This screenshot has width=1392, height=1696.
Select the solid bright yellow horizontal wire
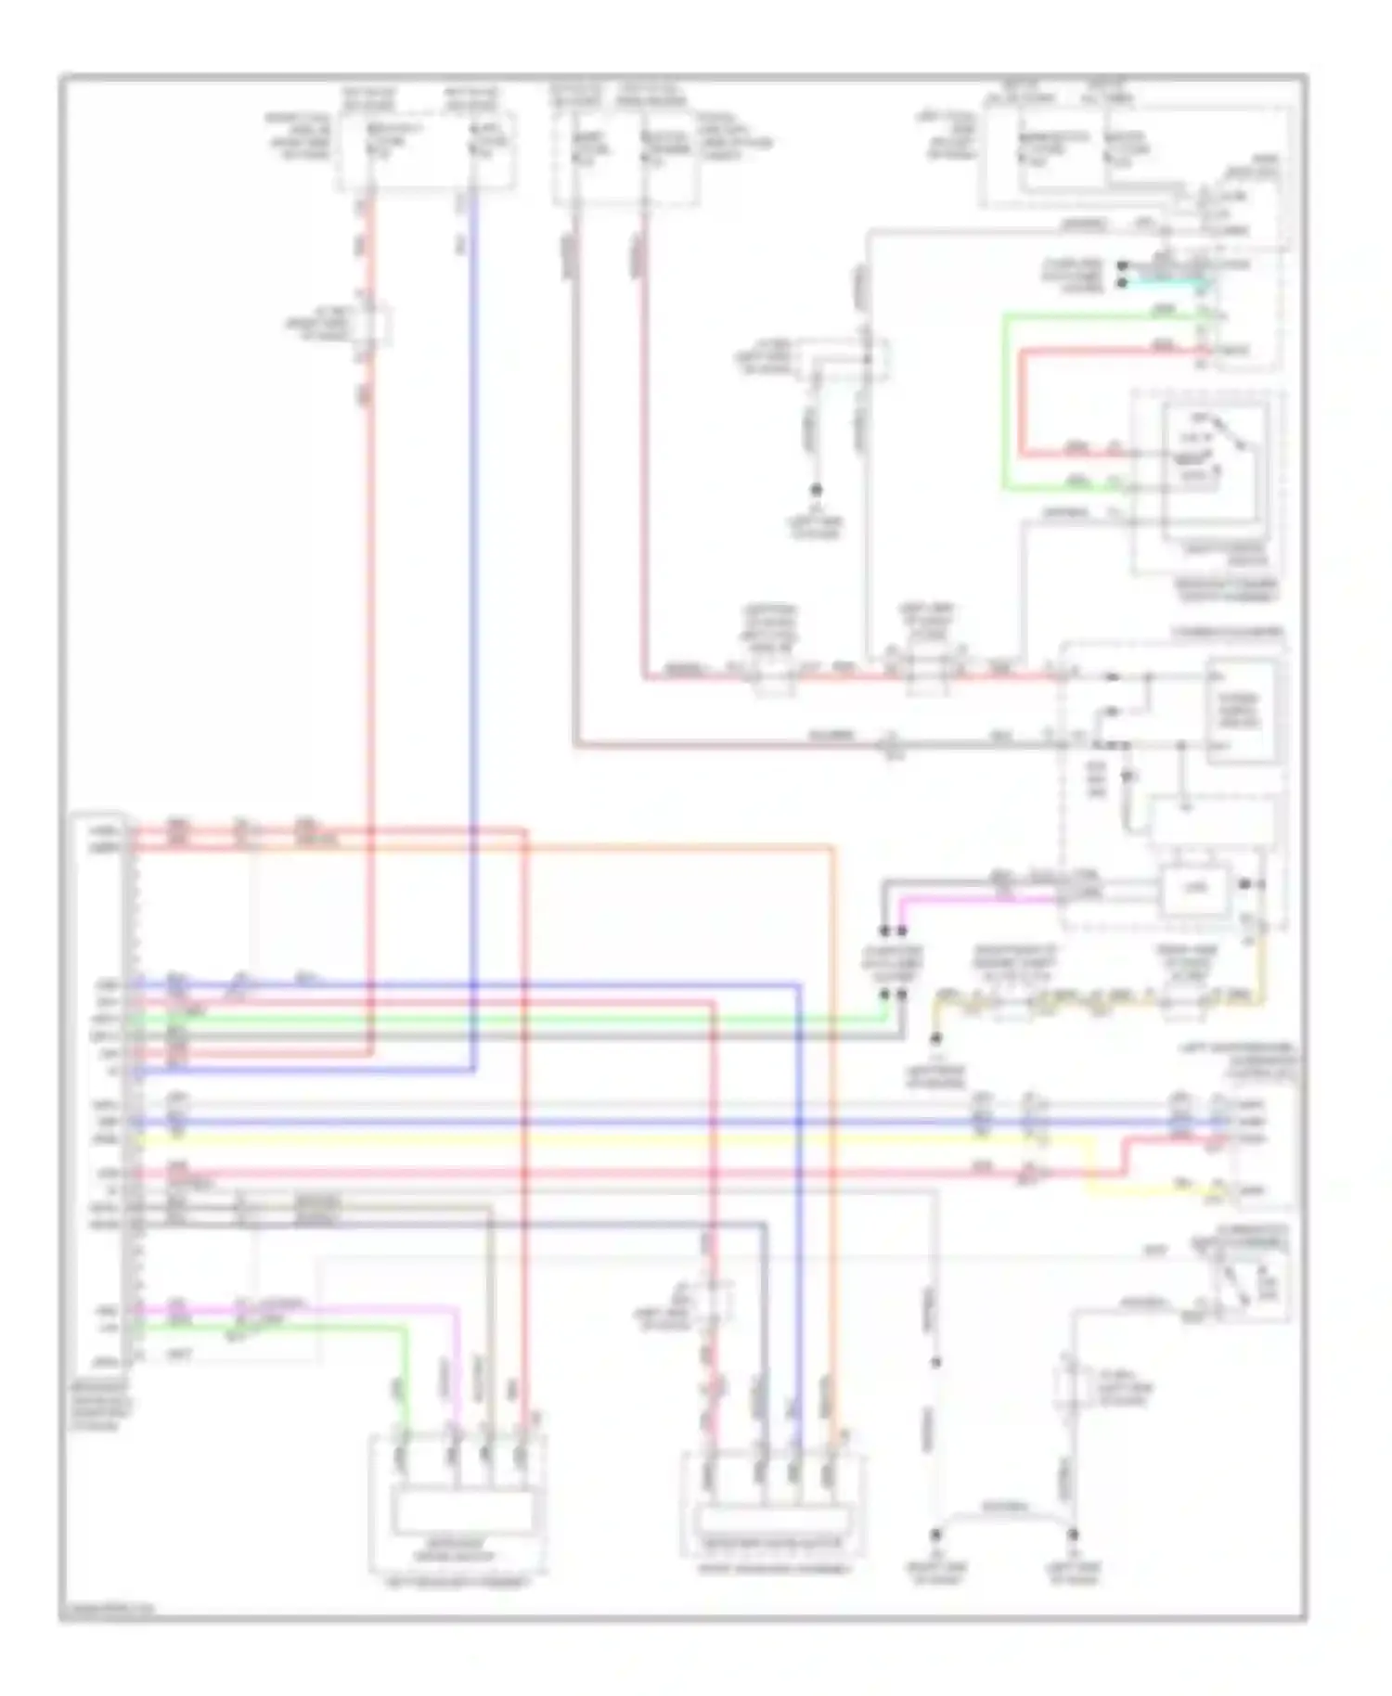(650, 1138)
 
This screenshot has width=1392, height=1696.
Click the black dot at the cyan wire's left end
(1122, 282)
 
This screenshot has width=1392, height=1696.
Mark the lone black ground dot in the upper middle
(817, 489)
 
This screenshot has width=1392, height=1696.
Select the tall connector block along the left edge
(99, 1095)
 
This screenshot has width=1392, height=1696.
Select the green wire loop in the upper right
(1004, 399)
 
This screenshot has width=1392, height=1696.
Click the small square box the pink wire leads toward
(1194, 889)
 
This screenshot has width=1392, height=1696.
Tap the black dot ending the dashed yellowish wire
(935, 1038)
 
